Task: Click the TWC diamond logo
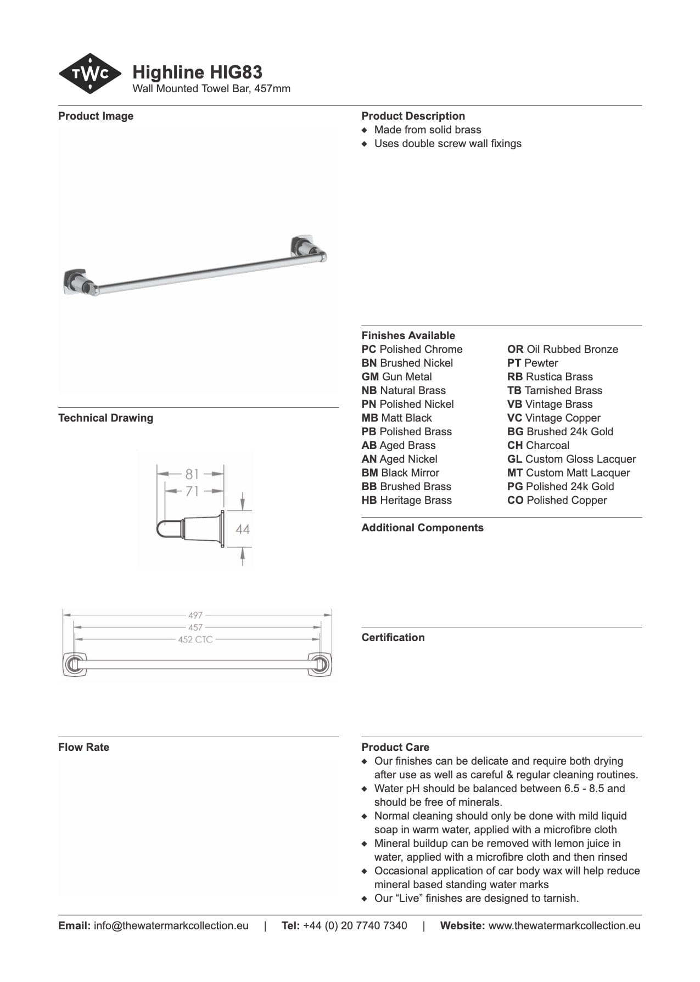(x=89, y=73)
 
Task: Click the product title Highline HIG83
(x=197, y=72)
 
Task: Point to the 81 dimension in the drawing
(x=192, y=473)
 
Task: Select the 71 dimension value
(x=192, y=491)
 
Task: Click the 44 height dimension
(x=242, y=529)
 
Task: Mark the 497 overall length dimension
(x=195, y=615)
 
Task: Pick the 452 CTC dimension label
(x=195, y=639)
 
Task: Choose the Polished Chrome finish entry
(x=412, y=349)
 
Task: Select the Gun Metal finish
(x=396, y=377)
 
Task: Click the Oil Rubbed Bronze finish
(x=562, y=349)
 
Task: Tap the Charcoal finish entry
(x=538, y=445)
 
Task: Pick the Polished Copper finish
(x=557, y=500)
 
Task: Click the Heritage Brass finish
(x=406, y=500)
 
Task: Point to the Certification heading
(x=393, y=637)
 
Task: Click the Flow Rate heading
(x=83, y=747)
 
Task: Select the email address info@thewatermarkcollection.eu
(x=171, y=925)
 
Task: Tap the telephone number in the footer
(x=355, y=925)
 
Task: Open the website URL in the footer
(x=564, y=925)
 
